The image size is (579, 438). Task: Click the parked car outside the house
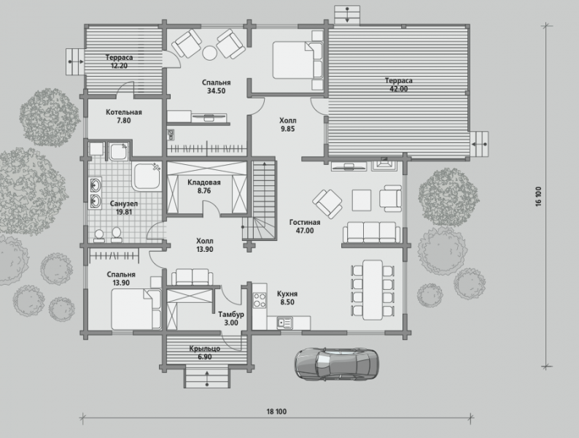pyautogui.click(x=336, y=364)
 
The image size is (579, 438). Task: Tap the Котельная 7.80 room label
pyautogui.click(x=124, y=116)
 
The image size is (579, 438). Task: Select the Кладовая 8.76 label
pyautogui.click(x=204, y=186)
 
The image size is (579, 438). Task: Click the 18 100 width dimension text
pyautogui.click(x=276, y=412)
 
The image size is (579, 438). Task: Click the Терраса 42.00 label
pyautogui.click(x=399, y=85)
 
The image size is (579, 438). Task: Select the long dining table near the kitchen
pyautogui.click(x=373, y=290)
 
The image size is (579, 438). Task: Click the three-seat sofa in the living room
pyautogui.click(x=371, y=232)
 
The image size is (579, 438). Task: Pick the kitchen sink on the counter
pyautogui.click(x=284, y=323)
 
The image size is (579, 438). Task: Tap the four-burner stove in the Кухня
pyautogui.click(x=259, y=300)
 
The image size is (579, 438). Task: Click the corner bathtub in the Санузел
pyautogui.click(x=147, y=177)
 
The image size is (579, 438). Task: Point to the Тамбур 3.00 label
pyautogui.click(x=230, y=318)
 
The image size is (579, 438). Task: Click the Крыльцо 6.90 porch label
pyautogui.click(x=205, y=353)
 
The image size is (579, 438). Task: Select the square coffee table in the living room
pyautogui.click(x=362, y=200)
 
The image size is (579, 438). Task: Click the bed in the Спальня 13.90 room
pyautogui.click(x=136, y=309)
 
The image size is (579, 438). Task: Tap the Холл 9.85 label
pyautogui.click(x=287, y=125)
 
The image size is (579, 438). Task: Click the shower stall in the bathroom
pyautogui.click(x=118, y=152)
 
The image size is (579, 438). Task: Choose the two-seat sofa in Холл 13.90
pyautogui.click(x=192, y=277)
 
